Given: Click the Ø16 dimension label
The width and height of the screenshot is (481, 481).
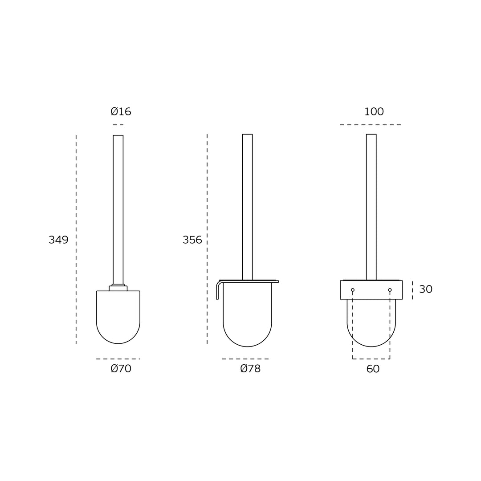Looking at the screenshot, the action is click(x=121, y=111).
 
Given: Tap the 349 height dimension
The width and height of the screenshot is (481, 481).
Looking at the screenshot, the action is click(x=58, y=240).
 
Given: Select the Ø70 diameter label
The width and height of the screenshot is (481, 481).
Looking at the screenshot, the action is click(x=121, y=368).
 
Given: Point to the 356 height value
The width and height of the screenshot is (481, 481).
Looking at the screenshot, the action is click(x=192, y=240).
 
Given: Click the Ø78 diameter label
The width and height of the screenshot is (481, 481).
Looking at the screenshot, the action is click(x=250, y=368).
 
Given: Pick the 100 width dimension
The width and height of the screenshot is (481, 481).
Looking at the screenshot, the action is click(x=374, y=112).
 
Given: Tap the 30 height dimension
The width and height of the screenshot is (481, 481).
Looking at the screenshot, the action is click(x=426, y=289).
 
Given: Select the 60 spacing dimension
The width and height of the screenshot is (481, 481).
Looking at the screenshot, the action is click(x=373, y=369).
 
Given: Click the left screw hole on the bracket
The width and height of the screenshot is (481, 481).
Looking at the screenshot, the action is click(x=353, y=290).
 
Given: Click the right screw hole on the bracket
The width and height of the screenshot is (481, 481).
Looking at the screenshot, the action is click(x=390, y=290).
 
